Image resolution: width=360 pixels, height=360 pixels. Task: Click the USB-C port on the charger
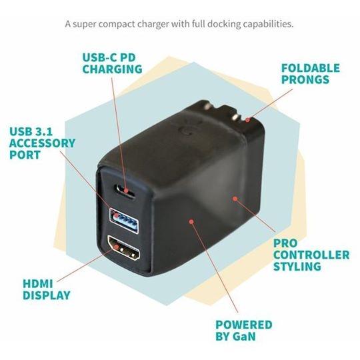[x=125, y=190]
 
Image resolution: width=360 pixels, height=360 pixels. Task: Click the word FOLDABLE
[x=311, y=68]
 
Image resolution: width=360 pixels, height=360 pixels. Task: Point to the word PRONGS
[x=305, y=80]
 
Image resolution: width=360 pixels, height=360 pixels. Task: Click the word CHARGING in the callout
[x=112, y=69]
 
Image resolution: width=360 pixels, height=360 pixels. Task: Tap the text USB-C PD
[x=109, y=57]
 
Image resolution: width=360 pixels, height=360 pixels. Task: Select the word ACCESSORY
[x=42, y=143]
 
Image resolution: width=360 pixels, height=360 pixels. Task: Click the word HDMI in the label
[x=38, y=284]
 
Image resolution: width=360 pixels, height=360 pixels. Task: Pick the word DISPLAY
[x=47, y=295]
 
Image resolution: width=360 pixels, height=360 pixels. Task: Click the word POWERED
[x=244, y=325]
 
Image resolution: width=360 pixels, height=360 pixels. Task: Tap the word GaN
[x=244, y=337]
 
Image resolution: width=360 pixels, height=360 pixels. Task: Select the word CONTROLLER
[x=311, y=255]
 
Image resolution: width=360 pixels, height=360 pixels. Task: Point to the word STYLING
[x=297, y=267]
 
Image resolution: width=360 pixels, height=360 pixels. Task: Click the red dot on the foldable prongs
[x=247, y=119]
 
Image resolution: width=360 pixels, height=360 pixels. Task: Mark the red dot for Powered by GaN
[x=191, y=221]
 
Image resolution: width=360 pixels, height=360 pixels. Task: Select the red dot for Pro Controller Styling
[x=235, y=199]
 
